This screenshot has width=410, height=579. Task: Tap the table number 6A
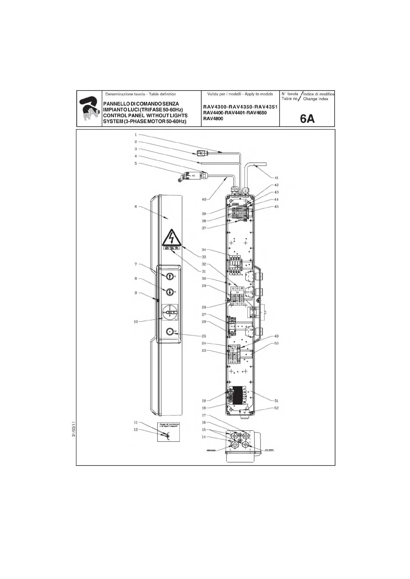307,118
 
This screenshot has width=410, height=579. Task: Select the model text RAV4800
213,118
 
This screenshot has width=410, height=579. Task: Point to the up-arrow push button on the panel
170,276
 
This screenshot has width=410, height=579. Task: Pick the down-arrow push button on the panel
170,292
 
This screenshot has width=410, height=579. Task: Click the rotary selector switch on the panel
169,312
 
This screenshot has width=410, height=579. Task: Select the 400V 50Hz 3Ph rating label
171,248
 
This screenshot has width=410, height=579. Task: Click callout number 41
276,178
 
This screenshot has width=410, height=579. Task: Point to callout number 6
136,206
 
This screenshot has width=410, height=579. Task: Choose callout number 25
204,336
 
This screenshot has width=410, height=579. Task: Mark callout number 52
276,408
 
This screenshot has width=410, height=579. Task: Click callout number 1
136,135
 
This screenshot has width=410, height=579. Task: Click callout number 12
136,429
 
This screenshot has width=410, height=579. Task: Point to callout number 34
204,250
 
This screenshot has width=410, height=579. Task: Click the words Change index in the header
315,99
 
